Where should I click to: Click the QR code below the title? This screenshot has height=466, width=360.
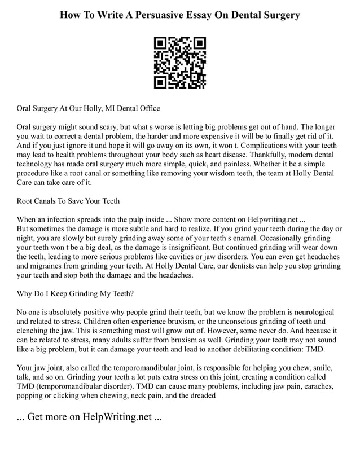click(180, 62)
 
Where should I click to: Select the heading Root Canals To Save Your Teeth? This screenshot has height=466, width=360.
click(68, 200)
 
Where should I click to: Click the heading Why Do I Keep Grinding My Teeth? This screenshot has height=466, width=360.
click(76, 293)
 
